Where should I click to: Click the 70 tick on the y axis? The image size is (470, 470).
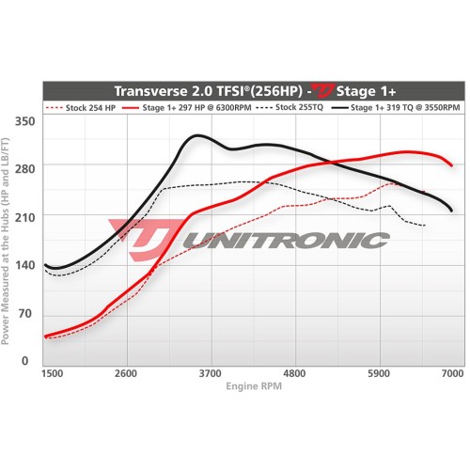(x=25, y=313)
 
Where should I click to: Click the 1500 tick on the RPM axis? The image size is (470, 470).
(x=52, y=374)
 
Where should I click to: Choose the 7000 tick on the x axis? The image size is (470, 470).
(x=453, y=374)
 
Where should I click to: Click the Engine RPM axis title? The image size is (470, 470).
(x=253, y=386)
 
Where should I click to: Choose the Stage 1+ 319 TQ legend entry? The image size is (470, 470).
(x=401, y=108)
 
